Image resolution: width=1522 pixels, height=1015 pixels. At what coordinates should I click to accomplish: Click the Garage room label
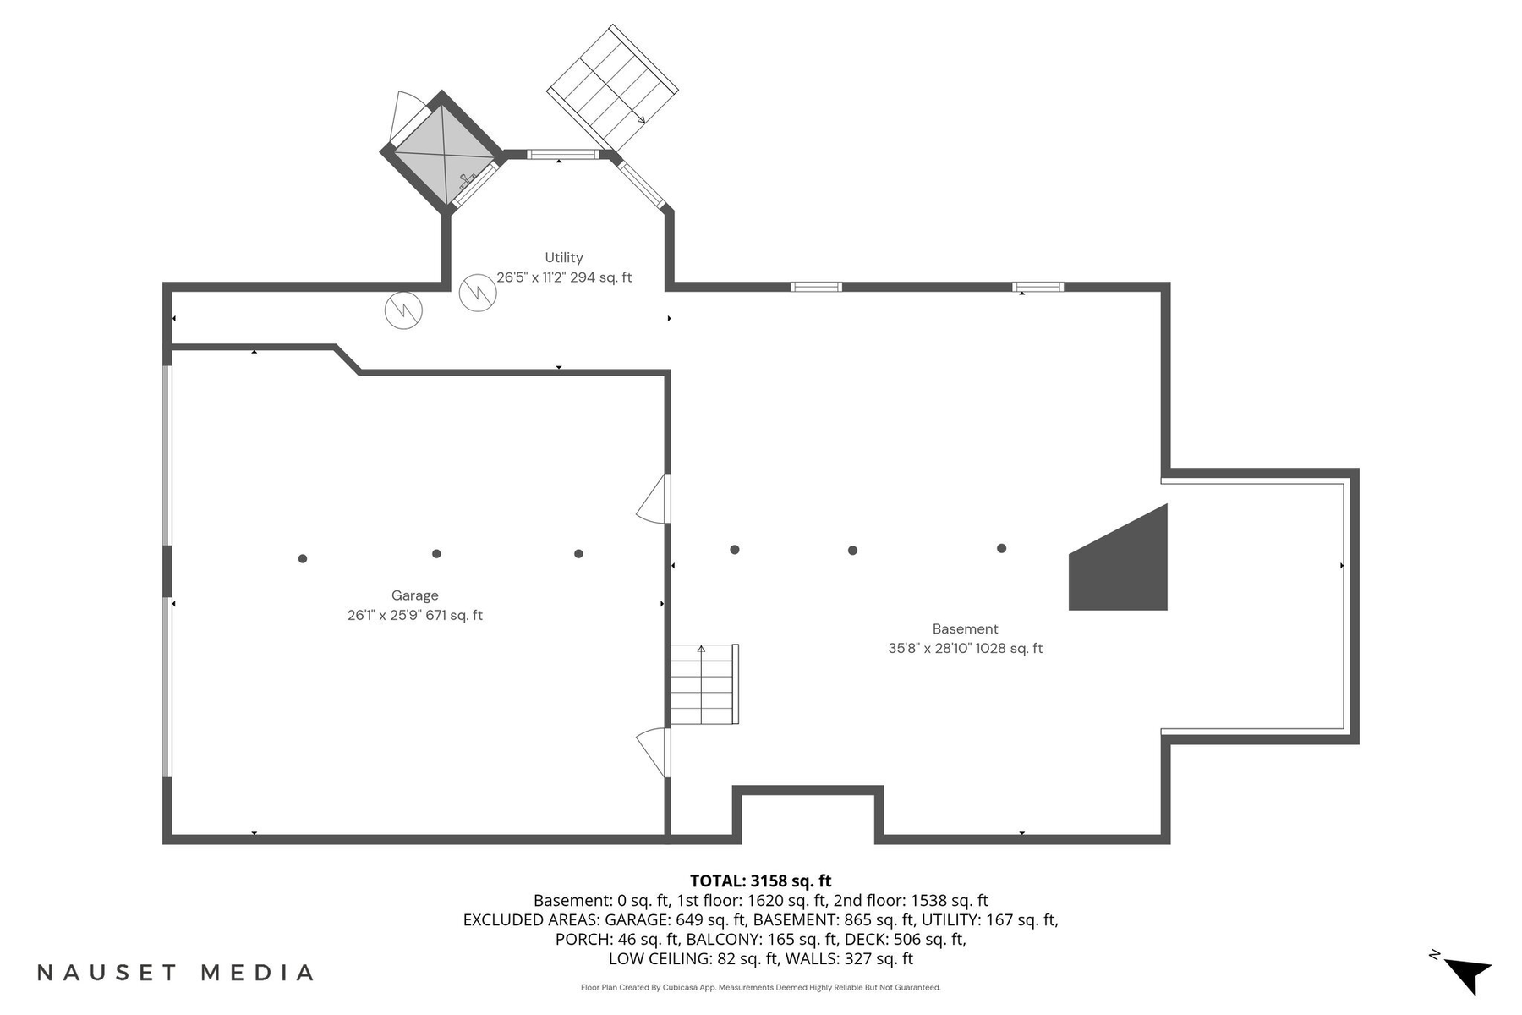tap(414, 595)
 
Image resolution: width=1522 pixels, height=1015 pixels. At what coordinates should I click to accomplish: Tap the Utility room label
tap(563, 258)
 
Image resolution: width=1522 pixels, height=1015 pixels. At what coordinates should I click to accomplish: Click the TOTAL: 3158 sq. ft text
tap(760, 881)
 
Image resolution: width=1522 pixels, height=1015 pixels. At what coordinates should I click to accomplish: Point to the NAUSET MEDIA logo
tap(176, 973)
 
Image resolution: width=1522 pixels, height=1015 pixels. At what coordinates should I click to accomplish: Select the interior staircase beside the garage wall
tap(704, 683)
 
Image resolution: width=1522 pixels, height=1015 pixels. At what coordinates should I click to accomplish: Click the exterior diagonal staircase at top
tap(613, 86)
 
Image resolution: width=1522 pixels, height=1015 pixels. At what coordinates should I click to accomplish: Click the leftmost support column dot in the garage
tap(303, 558)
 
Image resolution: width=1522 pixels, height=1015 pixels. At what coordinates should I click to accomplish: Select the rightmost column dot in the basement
tap(1001, 549)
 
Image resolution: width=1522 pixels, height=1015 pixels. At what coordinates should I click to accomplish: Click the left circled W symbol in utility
tap(403, 311)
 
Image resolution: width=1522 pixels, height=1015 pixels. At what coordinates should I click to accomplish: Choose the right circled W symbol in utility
tap(478, 293)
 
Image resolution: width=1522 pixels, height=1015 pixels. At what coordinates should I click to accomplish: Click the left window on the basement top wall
tap(816, 287)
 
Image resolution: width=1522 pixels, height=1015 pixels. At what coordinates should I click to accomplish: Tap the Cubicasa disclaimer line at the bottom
tap(760, 988)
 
